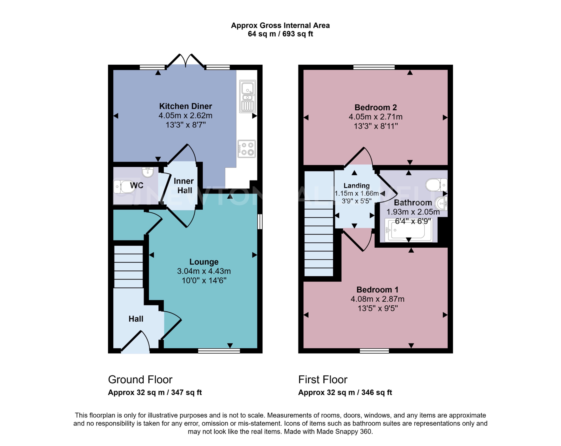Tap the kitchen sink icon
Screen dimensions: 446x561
pos(247,96)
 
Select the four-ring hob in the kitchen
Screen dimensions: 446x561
pos(246,149)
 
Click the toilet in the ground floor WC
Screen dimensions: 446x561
pos(124,187)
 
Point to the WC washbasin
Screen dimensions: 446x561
pos(148,172)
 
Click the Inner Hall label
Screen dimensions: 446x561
pos(184,185)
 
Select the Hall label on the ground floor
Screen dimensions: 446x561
pos(136,319)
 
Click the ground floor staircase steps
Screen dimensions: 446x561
pos(129,267)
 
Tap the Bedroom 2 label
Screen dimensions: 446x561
pos(375,107)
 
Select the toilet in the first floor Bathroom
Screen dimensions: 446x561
pos(436,185)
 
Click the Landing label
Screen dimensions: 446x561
pos(356,185)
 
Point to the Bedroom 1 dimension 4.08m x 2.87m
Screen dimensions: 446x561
pos(377,299)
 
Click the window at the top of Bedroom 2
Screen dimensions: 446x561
pos(374,67)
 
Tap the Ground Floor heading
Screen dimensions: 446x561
pos(140,379)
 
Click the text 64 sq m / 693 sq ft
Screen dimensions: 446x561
pos(280,34)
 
